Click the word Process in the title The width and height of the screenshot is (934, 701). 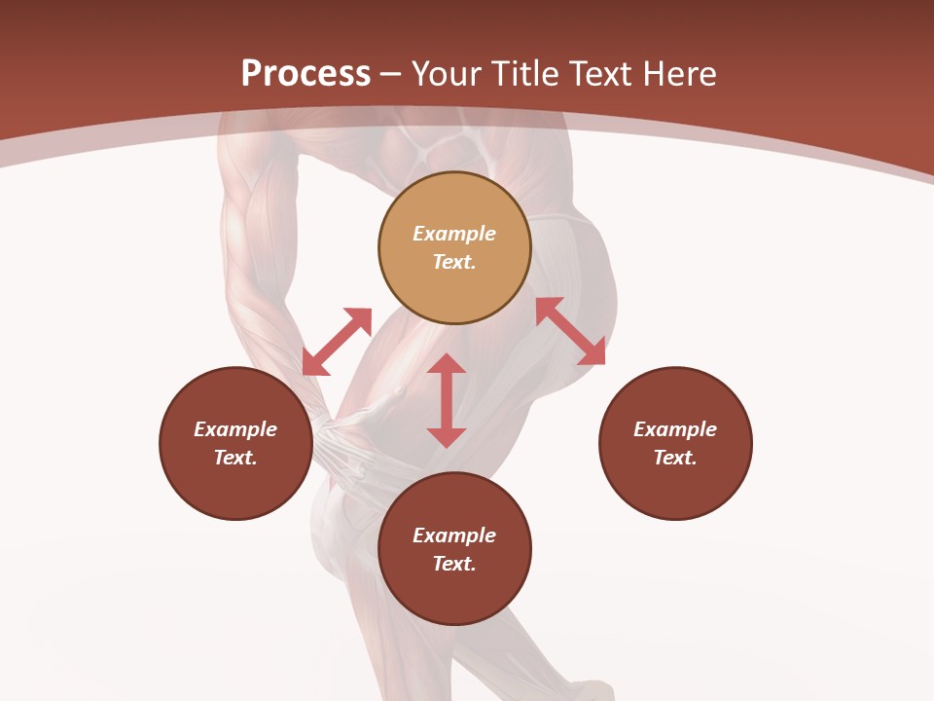[x=305, y=74]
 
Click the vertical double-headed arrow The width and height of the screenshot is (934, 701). [x=447, y=400]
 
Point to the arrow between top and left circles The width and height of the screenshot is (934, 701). [x=337, y=342]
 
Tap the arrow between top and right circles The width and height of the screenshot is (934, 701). [x=571, y=331]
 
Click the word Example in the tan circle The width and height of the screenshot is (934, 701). [x=454, y=234]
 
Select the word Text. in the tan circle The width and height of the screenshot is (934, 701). [x=454, y=262]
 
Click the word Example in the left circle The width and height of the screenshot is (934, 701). [x=235, y=429]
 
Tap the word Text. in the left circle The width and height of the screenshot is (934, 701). [x=235, y=458]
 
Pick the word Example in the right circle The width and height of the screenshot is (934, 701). [x=675, y=429]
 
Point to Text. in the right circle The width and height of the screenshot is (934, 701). [x=675, y=458]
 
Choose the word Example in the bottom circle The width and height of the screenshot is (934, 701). [x=454, y=535]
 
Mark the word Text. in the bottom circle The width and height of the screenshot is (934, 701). [x=454, y=564]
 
